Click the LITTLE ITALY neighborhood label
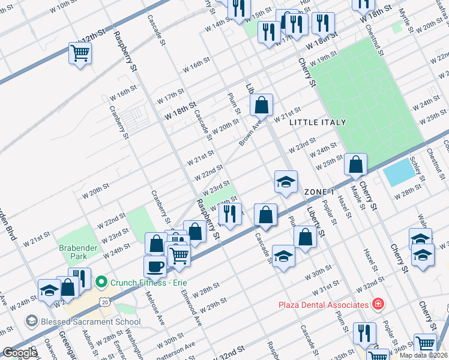[x=318, y=122]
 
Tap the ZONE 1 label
[x=319, y=192]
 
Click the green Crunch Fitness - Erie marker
[x=101, y=281]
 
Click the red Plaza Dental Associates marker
[x=378, y=304]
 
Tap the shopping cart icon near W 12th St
[x=80, y=54]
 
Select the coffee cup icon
[x=155, y=266]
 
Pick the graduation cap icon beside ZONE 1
[x=286, y=182]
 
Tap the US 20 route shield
[x=105, y=304]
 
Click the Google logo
[x=20, y=353]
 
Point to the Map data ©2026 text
[x=424, y=355]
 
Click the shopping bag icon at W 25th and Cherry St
[x=357, y=164]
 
